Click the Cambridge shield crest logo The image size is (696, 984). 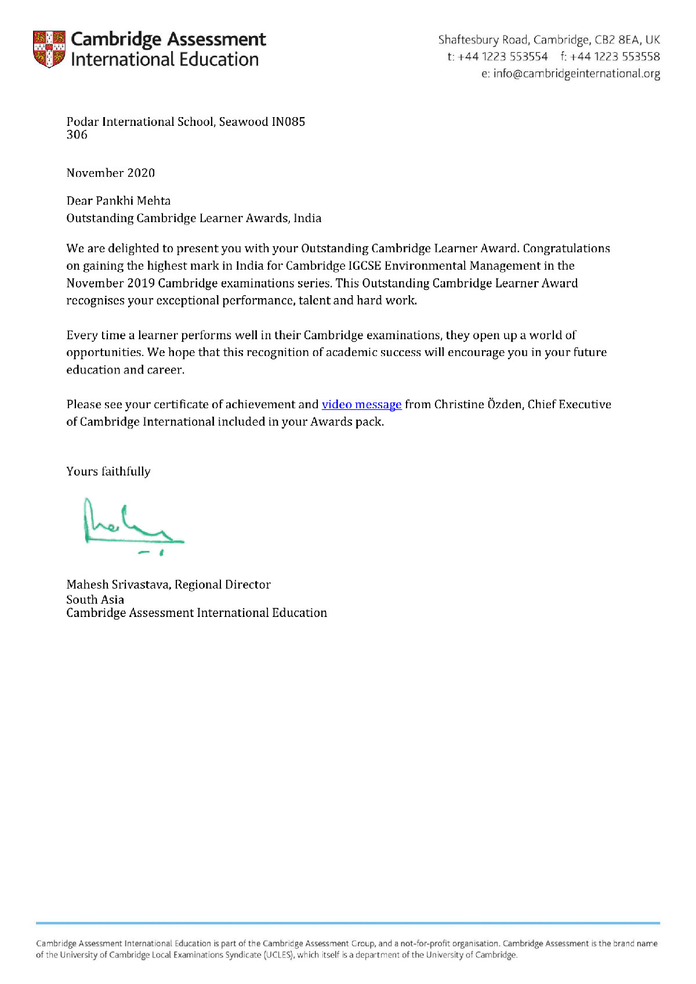point(49,49)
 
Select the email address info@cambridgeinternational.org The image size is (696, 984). point(577,74)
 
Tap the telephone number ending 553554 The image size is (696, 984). point(503,57)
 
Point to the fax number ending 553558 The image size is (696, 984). point(615,57)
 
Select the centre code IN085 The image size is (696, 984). point(288,122)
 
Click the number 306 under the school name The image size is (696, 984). point(77,135)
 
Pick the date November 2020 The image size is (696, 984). point(111,173)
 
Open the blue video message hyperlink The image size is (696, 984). point(361,405)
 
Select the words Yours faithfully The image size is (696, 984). point(108,471)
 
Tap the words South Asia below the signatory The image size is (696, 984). point(95,600)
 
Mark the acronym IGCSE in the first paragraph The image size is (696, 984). point(364,266)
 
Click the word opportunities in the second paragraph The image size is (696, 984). point(104,353)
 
